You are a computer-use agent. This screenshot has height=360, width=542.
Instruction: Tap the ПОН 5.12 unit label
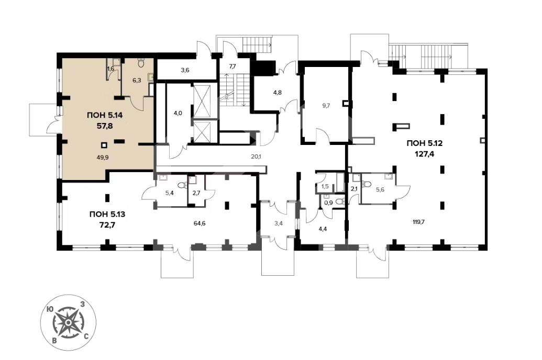[425, 143]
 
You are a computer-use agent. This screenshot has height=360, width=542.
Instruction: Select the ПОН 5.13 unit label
[107, 215]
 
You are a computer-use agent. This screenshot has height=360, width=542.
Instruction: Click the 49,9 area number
[103, 156]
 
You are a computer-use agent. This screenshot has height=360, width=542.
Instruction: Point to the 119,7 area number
[418, 222]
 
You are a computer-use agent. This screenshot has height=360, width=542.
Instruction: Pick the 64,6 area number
[200, 223]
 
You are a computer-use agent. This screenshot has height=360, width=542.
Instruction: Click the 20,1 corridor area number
[256, 156]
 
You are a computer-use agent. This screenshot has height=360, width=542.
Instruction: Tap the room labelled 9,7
[326, 106]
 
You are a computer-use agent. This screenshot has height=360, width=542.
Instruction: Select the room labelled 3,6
[185, 70]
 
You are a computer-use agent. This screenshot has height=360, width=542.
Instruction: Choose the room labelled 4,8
[278, 92]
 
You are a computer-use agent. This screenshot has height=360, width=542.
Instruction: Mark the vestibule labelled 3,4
[279, 223]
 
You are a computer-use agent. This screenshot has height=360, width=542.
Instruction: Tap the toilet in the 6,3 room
[141, 62]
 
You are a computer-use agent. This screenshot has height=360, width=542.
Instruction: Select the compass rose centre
[69, 323]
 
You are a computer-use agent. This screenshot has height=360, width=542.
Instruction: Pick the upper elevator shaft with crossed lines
[202, 101]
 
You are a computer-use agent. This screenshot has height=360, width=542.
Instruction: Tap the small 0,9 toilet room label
[329, 203]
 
